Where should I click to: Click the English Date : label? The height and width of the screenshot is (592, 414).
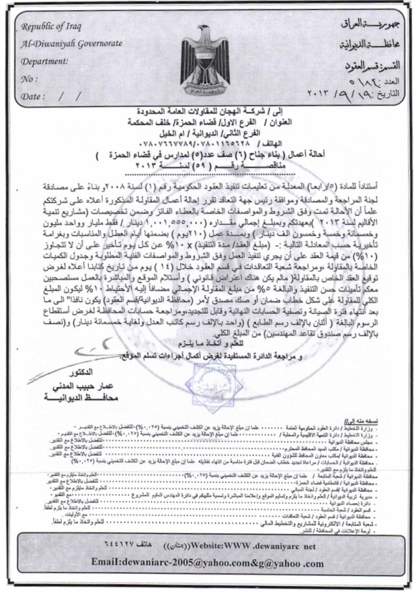point(34,96)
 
